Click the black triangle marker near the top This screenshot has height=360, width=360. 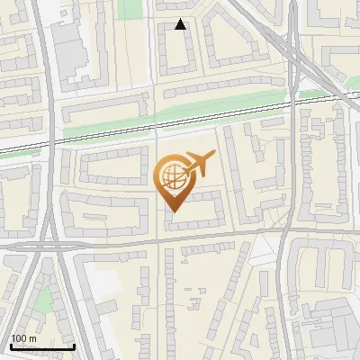point(181,25)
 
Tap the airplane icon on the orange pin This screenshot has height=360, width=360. point(197,164)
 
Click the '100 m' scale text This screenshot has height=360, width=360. point(24,338)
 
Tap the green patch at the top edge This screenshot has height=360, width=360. point(132,8)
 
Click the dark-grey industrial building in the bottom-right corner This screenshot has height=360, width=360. point(333,333)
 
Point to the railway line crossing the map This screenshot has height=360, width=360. point(135,126)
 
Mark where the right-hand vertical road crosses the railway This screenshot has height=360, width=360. point(293,103)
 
